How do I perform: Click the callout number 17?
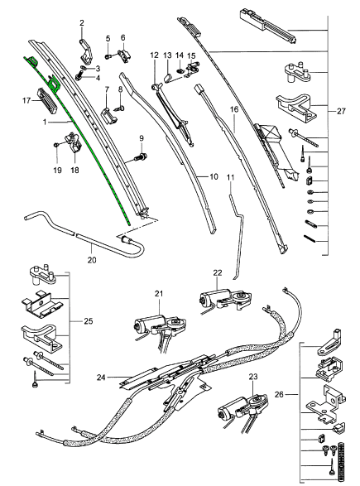click(26, 101)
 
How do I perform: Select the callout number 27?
click(341, 111)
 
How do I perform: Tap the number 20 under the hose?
click(92, 260)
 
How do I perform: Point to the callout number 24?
click(101, 378)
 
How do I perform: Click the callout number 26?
click(279, 395)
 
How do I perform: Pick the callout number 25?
click(89, 321)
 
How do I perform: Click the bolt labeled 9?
click(139, 156)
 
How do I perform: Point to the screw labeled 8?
click(120, 108)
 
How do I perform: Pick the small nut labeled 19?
click(56, 144)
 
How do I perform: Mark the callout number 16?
click(234, 109)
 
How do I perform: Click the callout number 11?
click(231, 178)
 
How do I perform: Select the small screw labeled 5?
click(108, 56)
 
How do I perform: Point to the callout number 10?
click(214, 176)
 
